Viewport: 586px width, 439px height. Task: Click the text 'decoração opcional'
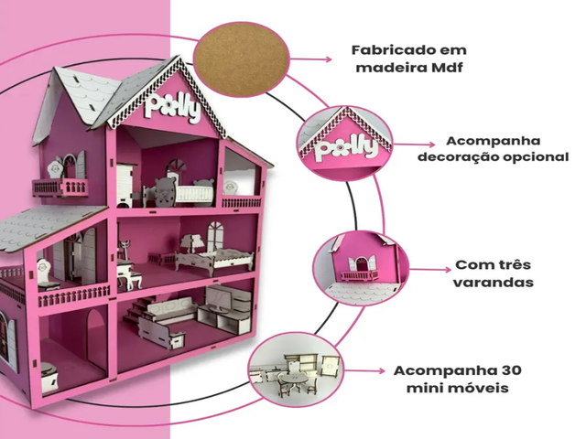click(x=492, y=157)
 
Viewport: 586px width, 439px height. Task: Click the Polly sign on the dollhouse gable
click(x=173, y=109)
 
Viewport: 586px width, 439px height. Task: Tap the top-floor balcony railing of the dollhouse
click(x=60, y=187)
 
